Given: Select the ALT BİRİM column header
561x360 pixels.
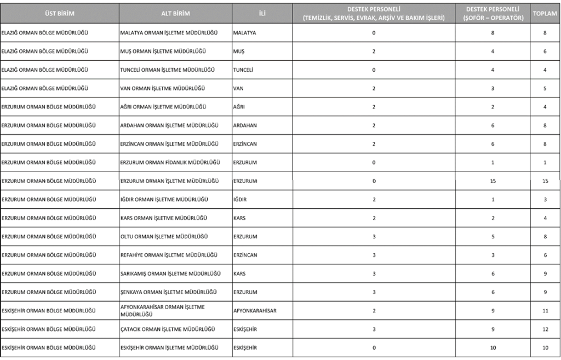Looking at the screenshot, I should tap(175, 13).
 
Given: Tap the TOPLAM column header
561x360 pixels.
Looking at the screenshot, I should tap(545, 13).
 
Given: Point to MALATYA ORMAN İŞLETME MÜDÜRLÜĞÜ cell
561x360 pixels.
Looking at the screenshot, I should tap(168, 33).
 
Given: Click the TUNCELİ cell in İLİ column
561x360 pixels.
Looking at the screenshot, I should tap(243, 70).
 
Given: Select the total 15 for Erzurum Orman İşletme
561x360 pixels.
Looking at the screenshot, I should tap(545, 181).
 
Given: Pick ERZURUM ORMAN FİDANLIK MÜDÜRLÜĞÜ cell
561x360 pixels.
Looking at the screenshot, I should tap(170, 163).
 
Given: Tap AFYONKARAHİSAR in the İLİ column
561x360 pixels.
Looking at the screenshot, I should tap(255, 311).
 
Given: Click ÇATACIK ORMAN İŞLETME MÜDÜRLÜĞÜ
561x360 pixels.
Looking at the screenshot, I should tap(165, 329).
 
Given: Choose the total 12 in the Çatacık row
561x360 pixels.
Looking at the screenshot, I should tap(545, 329).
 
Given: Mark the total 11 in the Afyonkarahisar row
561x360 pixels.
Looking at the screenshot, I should tap(545, 311).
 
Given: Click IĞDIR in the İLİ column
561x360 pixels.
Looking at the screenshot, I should tap(239, 199).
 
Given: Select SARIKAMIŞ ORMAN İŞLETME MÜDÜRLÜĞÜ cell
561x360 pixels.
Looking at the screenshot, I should tap(170, 273).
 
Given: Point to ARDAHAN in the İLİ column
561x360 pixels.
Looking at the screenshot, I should tap(245, 125).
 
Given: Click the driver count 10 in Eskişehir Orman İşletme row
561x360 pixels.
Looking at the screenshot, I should tap(493, 348).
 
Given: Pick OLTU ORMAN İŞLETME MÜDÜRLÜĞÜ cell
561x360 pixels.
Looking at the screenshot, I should tap(163, 237).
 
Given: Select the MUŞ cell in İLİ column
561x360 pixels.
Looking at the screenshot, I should tap(238, 51).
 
